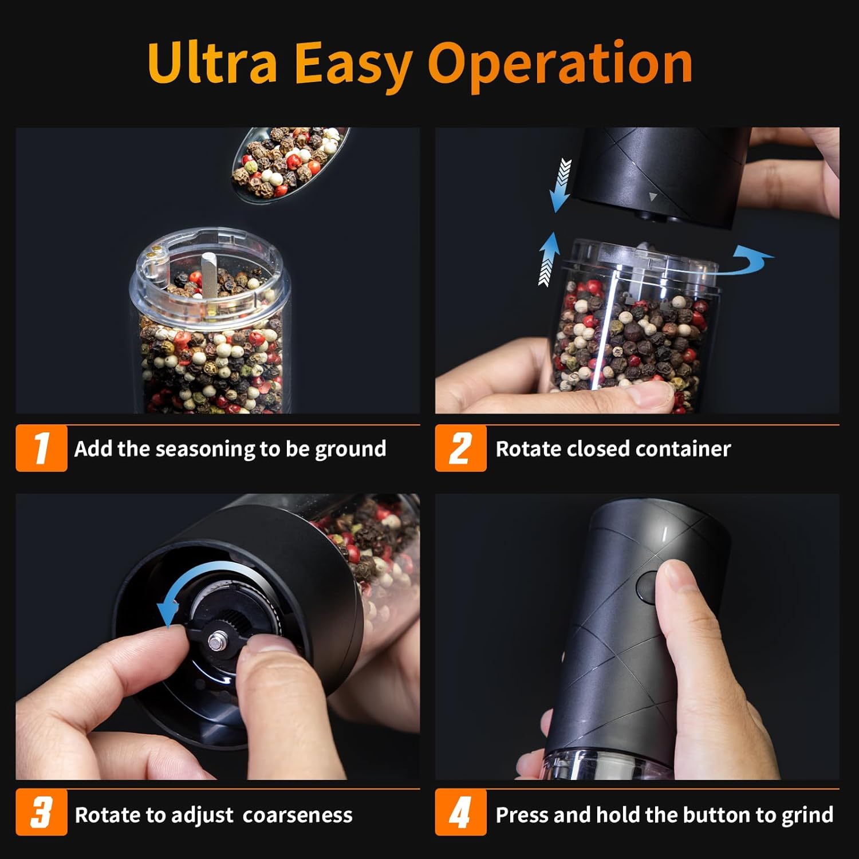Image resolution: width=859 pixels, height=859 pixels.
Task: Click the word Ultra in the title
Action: click(x=212, y=63)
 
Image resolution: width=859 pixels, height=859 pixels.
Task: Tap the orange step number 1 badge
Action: click(x=41, y=448)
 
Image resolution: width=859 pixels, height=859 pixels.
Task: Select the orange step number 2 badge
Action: click(x=460, y=448)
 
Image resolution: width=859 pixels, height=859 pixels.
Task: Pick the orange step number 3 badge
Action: click(x=41, y=812)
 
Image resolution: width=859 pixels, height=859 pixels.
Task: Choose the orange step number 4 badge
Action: click(x=460, y=812)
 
